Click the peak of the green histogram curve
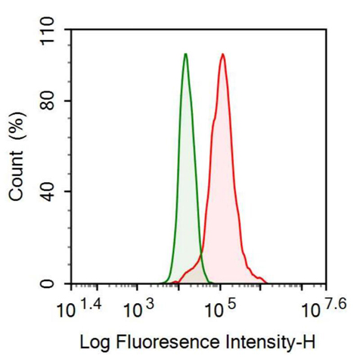pos(185,54)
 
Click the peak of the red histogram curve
pos(222,54)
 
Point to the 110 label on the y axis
pos(48,31)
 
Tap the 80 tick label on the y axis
pos(53,101)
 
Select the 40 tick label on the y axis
pos(53,192)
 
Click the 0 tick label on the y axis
pos(58,283)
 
